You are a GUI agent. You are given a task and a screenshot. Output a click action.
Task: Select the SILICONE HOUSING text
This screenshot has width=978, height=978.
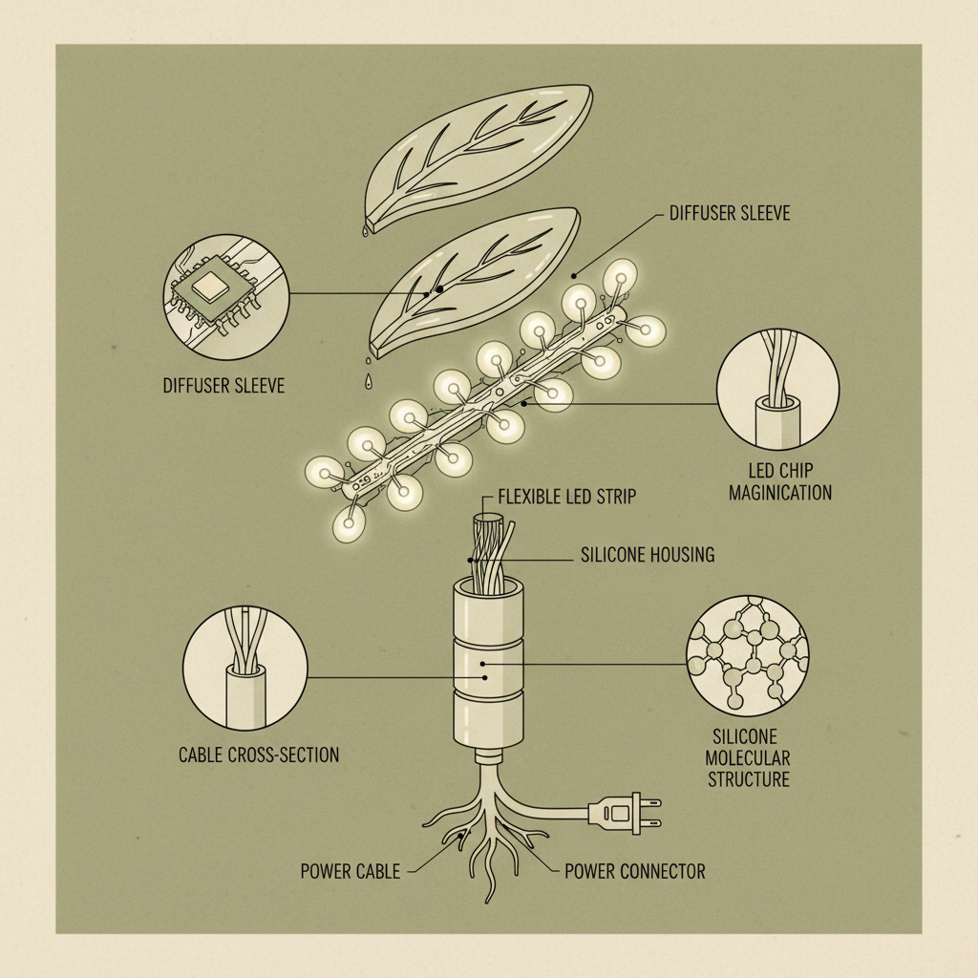click(x=647, y=554)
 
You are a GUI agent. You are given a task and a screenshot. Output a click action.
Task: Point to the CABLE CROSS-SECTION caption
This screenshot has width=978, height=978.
click(x=259, y=755)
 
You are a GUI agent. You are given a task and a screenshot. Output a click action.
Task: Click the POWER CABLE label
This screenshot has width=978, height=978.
click(x=350, y=871)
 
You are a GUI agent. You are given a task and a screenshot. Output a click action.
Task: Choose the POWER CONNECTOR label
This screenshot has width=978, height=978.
click(x=634, y=871)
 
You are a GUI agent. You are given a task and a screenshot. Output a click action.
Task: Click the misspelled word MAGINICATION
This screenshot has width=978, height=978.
click(x=780, y=493)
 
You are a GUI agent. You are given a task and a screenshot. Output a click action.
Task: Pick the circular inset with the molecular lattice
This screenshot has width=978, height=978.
click(x=748, y=656)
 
